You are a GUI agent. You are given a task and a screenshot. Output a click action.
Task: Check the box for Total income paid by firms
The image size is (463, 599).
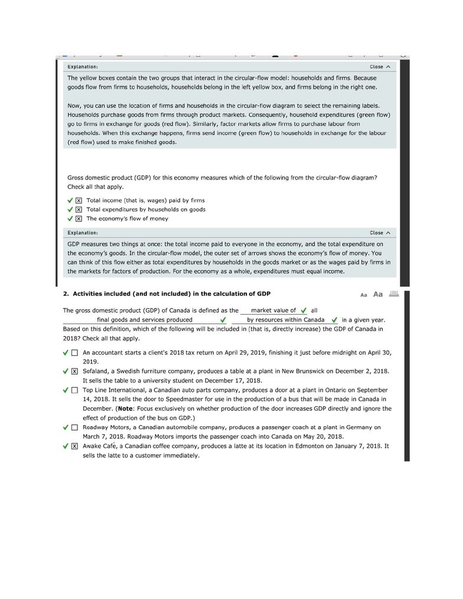coord(79,200)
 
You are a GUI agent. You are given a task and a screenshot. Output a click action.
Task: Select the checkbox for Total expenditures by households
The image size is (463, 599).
coord(79,210)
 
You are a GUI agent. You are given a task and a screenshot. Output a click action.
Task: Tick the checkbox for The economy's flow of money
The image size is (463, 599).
coord(79,219)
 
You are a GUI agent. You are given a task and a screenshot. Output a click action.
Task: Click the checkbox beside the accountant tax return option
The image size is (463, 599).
coord(74,353)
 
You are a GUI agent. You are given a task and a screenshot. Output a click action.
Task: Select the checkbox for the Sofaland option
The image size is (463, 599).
coord(74,372)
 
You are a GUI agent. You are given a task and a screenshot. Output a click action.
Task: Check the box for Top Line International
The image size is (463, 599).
coord(74,391)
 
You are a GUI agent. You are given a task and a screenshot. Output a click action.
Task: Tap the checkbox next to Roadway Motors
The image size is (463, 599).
coord(74,427)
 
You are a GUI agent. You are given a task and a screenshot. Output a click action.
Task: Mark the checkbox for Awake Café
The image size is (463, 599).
coord(74,447)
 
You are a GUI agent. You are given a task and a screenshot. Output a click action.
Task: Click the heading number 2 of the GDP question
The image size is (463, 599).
coord(66,294)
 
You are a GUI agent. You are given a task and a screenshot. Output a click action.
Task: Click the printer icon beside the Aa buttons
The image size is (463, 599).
coord(394,294)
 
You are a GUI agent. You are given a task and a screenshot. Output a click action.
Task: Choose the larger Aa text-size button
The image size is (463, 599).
coord(378,294)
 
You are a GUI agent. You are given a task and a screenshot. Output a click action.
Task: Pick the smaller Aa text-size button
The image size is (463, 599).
coord(364,294)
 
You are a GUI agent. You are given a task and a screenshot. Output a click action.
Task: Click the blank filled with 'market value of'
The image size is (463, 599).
coord(273,310)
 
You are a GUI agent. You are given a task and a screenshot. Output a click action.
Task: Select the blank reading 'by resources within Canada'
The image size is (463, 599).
coord(286,320)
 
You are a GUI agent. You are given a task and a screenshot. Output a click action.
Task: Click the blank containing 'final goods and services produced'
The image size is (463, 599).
coord(145,320)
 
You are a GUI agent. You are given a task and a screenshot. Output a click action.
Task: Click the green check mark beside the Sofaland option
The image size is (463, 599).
coord(66,372)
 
